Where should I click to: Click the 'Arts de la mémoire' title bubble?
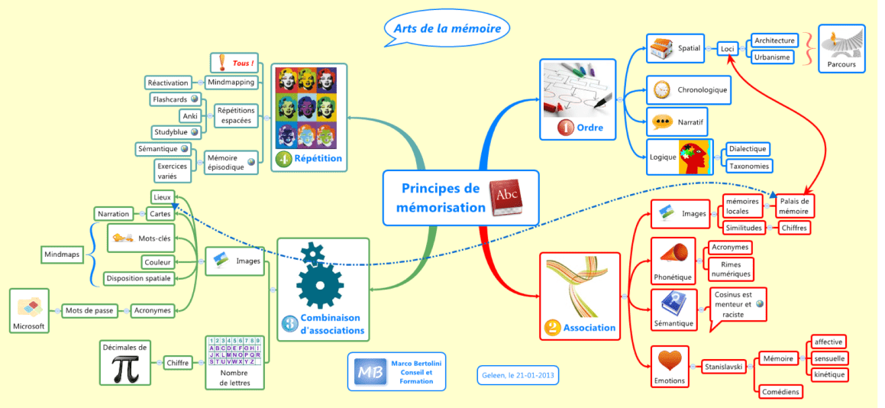tap(447, 29)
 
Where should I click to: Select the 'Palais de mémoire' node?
tap(794, 206)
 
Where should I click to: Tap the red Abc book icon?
tap(505, 198)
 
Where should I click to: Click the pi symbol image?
tap(125, 368)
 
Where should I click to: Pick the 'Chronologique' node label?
tap(703, 89)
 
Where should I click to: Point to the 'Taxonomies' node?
tap(748, 166)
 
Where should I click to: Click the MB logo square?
tap(370, 372)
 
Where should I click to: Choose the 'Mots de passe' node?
tap(89, 310)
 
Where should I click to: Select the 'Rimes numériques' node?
tap(730, 269)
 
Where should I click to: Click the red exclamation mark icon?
tap(221, 62)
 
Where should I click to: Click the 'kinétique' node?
tap(828, 374)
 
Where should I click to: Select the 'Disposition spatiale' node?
tap(138, 277)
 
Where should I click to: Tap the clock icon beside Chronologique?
tap(661, 90)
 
